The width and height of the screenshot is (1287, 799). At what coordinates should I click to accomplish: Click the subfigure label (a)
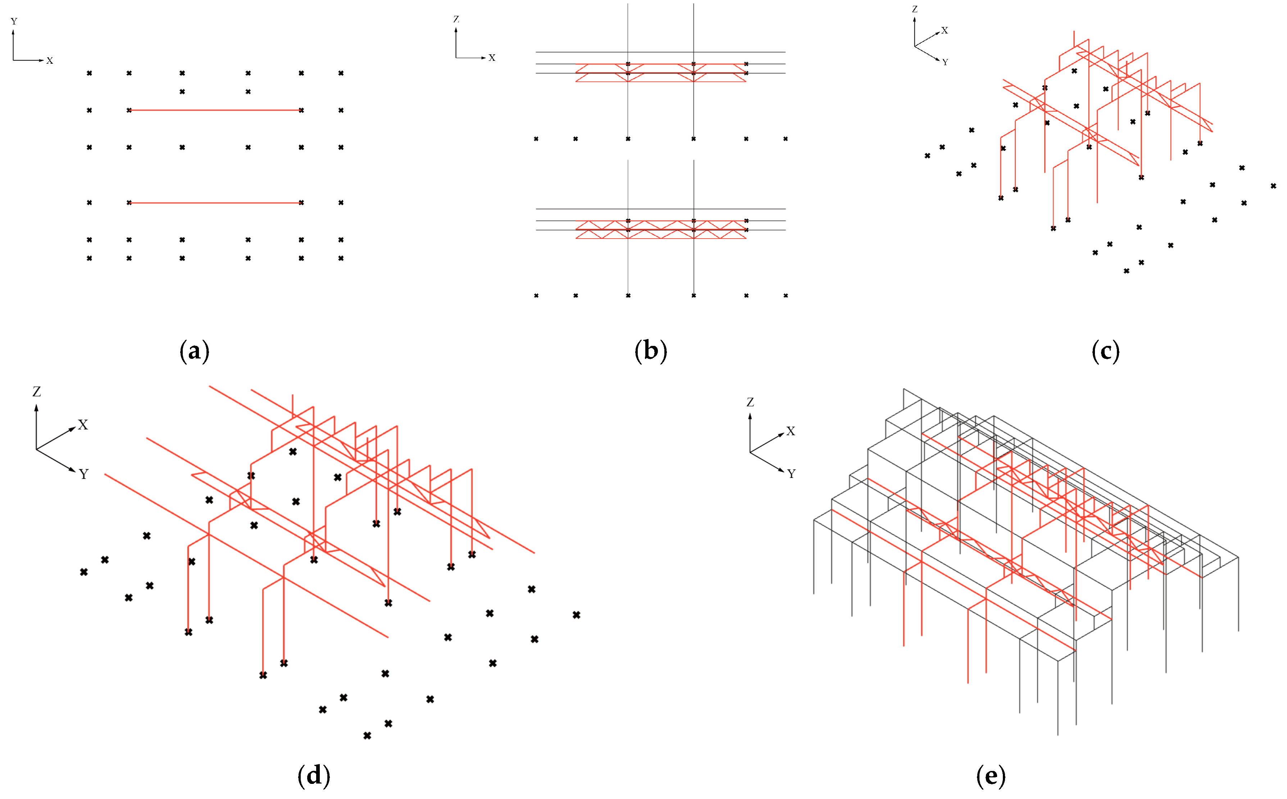click(x=194, y=351)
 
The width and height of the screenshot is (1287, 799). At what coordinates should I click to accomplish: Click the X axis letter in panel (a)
click(x=50, y=61)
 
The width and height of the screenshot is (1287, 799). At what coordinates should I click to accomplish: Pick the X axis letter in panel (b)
click(x=492, y=58)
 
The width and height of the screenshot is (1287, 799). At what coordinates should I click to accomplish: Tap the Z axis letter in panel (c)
click(x=915, y=9)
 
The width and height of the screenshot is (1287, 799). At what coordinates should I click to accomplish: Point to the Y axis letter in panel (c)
click(x=945, y=62)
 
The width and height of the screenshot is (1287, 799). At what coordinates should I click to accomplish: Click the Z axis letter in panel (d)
click(x=36, y=392)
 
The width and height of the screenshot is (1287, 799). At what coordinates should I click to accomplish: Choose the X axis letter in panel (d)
click(x=83, y=425)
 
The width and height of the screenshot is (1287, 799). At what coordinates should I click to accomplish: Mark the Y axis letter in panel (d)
click(x=83, y=474)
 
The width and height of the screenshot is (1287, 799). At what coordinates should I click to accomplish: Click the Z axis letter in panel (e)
click(x=750, y=402)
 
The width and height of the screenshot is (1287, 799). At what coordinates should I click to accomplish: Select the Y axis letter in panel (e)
click(x=791, y=474)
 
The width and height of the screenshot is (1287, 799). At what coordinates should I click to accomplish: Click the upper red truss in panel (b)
click(x=660, y=73)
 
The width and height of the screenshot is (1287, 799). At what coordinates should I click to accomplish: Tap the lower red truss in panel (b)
click(x=660, y=230)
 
